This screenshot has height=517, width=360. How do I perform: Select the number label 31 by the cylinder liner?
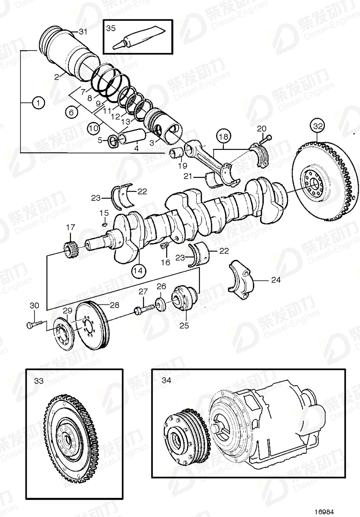tap(83, 32)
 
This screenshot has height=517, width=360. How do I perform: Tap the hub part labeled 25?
tap(184, 301)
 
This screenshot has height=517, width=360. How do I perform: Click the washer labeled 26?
tap(161, 304)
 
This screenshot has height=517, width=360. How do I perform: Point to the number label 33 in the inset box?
tap(39, 381)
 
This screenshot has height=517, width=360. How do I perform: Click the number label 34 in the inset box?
tap(166, 381)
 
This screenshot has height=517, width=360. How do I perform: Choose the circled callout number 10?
tap(93, 128)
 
